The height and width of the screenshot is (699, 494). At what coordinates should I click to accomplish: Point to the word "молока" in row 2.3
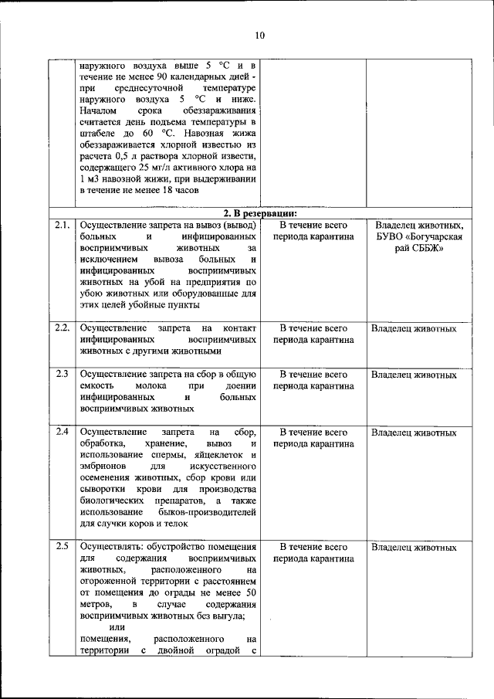click(x=152, y=385)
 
